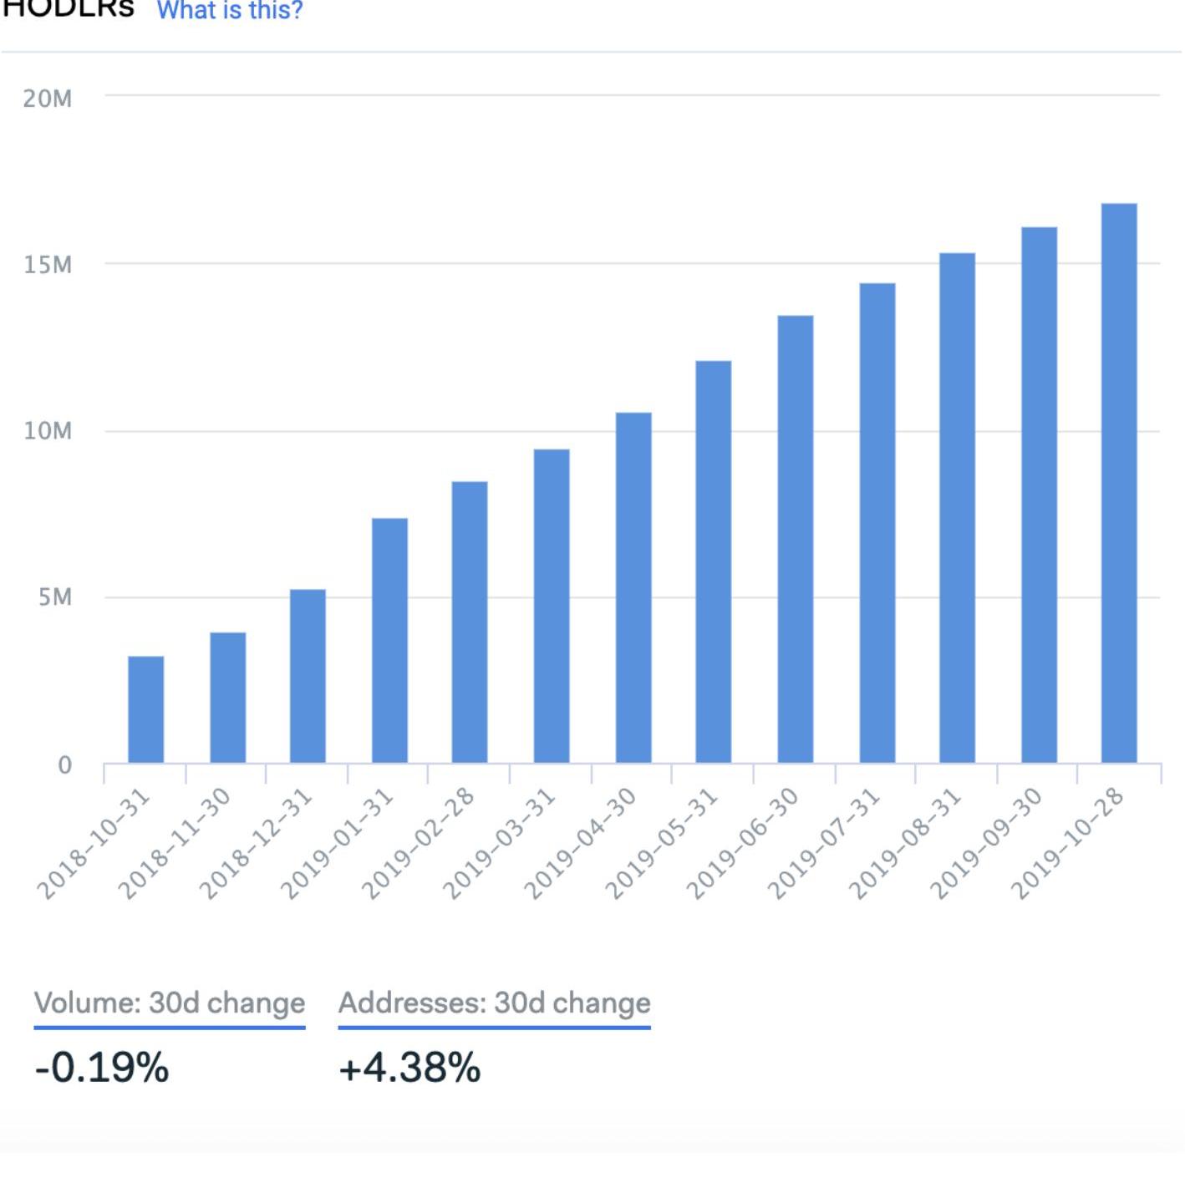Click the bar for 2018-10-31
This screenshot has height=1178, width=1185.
146,710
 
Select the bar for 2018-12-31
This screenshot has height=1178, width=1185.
308,677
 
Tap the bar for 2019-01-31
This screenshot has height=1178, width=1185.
389,641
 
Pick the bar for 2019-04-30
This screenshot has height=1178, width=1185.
633,588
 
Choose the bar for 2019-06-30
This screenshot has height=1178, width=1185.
796,540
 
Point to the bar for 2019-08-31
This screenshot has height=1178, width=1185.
957,508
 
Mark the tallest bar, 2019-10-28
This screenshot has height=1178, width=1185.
1119,484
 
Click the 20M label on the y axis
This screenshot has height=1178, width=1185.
48,99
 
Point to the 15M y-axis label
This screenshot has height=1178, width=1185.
48,265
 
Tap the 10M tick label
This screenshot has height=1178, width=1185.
48,431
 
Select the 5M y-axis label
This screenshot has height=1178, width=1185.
55,597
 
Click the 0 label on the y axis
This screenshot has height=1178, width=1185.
64,764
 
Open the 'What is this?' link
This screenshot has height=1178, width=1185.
230,11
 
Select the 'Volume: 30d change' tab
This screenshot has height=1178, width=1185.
170,1003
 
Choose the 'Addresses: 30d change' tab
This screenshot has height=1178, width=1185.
494,1003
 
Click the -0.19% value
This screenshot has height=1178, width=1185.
102,1068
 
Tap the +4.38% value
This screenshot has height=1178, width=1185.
409,1068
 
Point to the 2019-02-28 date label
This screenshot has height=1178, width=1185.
417,844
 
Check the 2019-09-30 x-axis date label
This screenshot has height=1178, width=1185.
986,844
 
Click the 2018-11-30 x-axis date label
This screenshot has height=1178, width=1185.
174,844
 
